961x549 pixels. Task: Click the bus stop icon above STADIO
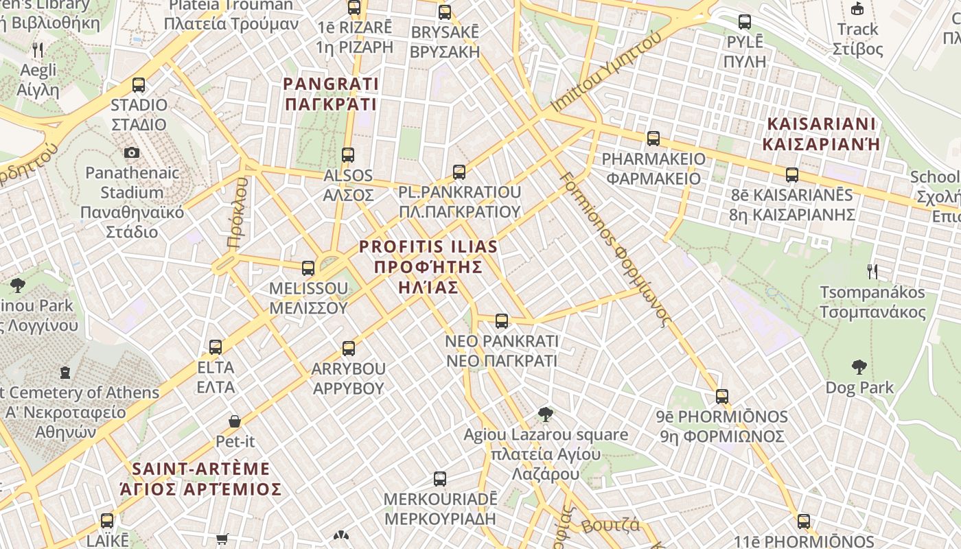coord(139,85)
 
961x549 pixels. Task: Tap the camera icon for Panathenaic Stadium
coord(132,152)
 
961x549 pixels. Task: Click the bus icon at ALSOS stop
coord(348,155)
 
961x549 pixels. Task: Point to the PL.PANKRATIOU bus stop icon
coord(459,172)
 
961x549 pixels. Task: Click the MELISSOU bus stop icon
coord(308,268)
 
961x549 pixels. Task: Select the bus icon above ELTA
coord(216,347)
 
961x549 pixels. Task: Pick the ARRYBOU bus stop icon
coord(349,348)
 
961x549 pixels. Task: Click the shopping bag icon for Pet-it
coord(235,421)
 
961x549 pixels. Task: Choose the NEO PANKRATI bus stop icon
coord(502,320)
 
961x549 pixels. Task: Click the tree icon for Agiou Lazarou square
coord(546,414)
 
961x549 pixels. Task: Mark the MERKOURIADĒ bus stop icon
coord(440,478)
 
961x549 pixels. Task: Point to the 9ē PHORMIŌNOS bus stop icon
coord(721,396)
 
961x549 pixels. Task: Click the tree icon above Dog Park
coord(859,367)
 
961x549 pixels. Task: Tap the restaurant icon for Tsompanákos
coord(872,272)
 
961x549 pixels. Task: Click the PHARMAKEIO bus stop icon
coord(653,139)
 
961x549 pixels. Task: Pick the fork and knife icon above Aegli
coord(38,50)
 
